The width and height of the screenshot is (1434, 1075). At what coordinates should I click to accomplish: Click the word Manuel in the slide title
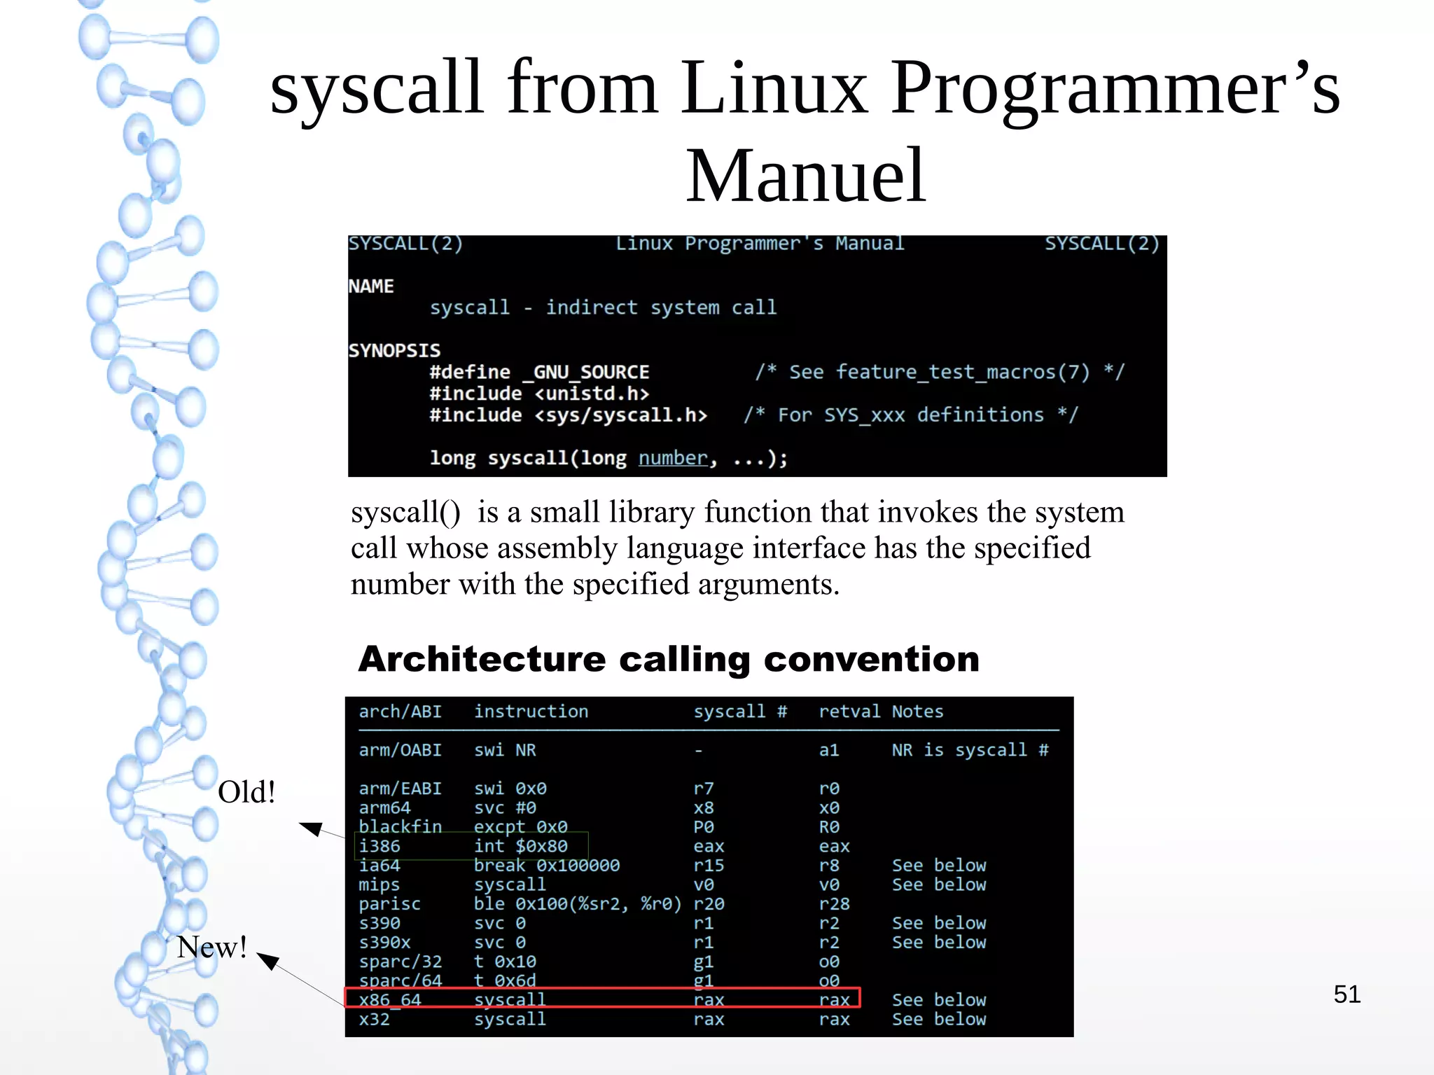(805, 176)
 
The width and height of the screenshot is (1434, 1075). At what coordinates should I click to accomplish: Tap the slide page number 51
(1346, 994)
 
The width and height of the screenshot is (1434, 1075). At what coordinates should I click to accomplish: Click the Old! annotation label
(246, 792)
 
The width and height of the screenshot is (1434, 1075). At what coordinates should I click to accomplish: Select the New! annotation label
(211, 947)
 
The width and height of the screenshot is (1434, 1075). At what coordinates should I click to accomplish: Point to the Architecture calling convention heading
(669, 659)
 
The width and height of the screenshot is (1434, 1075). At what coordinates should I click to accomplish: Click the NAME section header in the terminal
(371, 286)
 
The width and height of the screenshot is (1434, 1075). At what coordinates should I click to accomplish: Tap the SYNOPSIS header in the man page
(394, 350)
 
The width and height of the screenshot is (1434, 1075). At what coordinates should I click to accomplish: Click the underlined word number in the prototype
(673, 458)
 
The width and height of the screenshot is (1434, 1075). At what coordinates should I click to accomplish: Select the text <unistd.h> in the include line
(592, 394)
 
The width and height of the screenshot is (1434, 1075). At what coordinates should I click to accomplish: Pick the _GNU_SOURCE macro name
(586, 372)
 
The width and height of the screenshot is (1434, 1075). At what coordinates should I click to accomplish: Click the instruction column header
(531, 712)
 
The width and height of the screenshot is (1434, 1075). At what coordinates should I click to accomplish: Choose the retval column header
(849, 712)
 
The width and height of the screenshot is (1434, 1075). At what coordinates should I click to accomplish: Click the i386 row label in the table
(380, 847)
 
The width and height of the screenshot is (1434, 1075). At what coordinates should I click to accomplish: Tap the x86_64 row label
(390, 1000)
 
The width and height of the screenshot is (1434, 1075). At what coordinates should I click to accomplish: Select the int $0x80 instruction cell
(520, 847)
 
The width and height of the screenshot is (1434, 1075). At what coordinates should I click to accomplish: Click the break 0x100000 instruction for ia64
(546, 866)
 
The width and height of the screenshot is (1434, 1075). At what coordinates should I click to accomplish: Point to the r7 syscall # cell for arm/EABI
(704, 789)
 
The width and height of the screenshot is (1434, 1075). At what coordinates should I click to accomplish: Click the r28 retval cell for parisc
(834, 904)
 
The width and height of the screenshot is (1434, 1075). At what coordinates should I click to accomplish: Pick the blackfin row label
(400, 827)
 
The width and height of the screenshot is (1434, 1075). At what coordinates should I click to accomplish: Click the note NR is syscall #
(970, 750)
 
